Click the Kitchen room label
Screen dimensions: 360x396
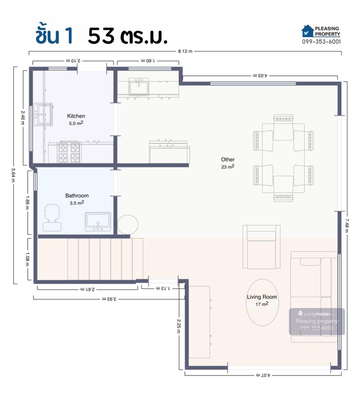[76, 116]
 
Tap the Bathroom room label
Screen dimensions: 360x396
[77, 196]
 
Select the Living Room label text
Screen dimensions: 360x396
[262, 297]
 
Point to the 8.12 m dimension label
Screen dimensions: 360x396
[185, 51]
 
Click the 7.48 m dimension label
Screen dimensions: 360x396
[346, 225]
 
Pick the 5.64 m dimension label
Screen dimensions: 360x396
[13, 175]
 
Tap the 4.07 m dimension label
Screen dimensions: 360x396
[263, 375]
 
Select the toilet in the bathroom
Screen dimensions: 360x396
[52, 218]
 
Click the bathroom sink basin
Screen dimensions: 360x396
[98, 222]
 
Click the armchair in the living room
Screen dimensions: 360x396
[261, 247]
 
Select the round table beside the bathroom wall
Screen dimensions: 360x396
[127, 225]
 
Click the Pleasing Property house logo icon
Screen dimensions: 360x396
[307, 31]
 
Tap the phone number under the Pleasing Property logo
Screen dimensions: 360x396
[321, 41]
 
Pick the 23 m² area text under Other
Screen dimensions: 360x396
[228, 167]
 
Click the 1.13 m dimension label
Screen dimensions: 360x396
[163, 289]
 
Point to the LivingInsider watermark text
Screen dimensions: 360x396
[316, 314]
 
